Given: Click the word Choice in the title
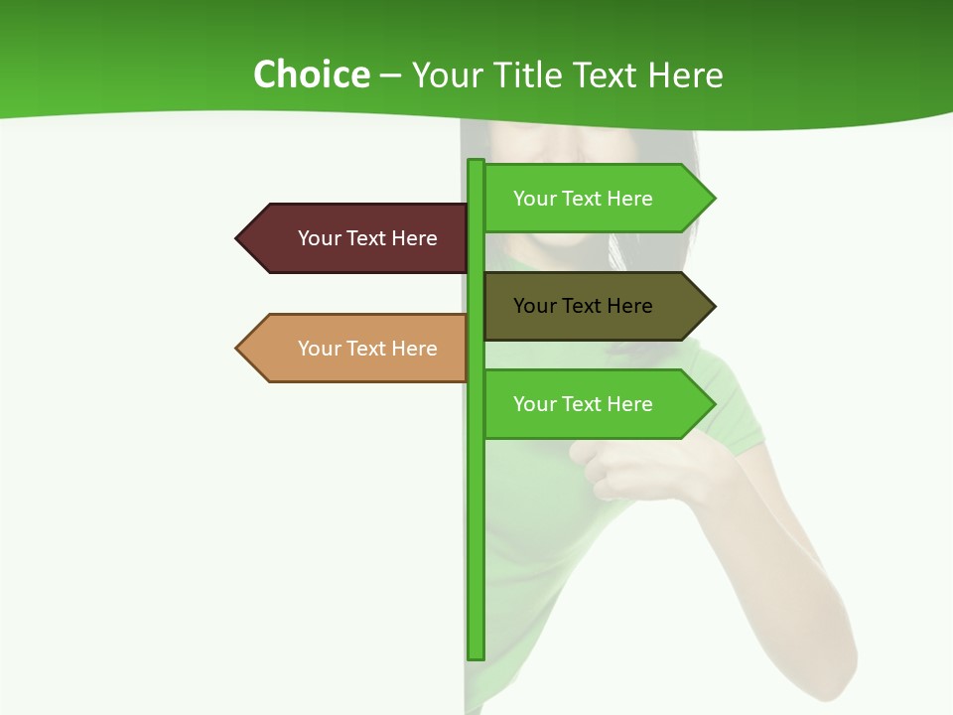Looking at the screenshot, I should pos(311,74).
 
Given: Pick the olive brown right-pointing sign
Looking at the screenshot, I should pos(586,306).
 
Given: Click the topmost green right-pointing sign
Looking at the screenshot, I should pos(586,199).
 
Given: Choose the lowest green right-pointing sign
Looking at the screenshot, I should pos(586,404).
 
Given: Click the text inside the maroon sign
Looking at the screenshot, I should pos(367,238).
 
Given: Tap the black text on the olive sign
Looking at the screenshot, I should pos(583,306).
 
